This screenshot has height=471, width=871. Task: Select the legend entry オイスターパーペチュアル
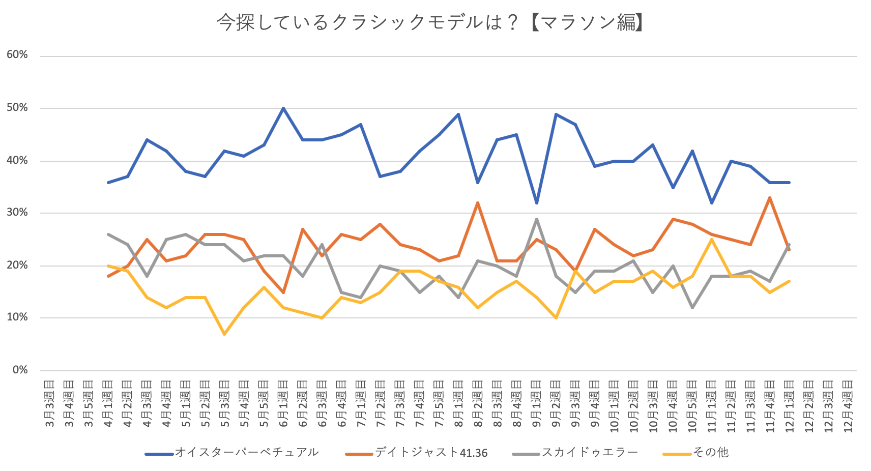[x=247, y=453]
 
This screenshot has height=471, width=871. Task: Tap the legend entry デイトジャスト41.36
[x=431, y=453]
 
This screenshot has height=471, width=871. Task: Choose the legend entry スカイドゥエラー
[x=589, y=453]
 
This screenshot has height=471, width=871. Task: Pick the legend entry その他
[x=710, y=453]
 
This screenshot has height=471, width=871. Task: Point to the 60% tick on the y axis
[x=17, y=55]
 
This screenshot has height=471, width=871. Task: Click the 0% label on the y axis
[x=20, y=370]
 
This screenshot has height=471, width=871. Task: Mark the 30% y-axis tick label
[x=17, y=213]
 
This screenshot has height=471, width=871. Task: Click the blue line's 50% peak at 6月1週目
[x=283, y=108]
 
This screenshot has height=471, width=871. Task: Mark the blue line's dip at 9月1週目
[x=537, y=203]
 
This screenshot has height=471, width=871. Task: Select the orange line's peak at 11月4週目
[x=770, y=197]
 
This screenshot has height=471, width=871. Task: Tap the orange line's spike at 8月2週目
[x=478, y=202]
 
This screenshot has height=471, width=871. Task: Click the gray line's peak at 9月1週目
[x=537, y=219]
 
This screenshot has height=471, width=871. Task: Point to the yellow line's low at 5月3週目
[x=224, y=334]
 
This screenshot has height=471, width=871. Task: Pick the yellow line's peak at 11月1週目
[x=712, y=239]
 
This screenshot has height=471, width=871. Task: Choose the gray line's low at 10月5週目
[x=692, y=307]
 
